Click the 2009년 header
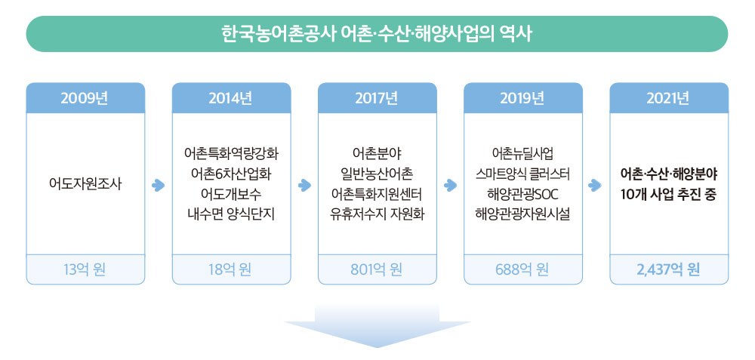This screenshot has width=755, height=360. point(85,98)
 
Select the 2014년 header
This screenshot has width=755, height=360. point(231,98)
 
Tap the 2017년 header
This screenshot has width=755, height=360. point(377,98)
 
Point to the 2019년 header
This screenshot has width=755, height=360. point(523,98)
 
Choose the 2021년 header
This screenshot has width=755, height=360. point(669,98)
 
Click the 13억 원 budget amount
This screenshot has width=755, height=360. point(85,270)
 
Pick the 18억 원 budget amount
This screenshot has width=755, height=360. point(231,270)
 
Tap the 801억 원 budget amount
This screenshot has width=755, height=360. point(377,270)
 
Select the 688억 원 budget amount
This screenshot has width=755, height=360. point(523,270)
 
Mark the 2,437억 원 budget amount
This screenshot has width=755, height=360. point(669,270)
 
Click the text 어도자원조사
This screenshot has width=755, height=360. point(85,185)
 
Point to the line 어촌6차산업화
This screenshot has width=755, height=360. point(231,175)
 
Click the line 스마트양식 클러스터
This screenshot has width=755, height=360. point(523,175)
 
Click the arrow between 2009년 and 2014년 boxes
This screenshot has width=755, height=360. point(159,186)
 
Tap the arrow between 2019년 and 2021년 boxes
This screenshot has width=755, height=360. point(596,186)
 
